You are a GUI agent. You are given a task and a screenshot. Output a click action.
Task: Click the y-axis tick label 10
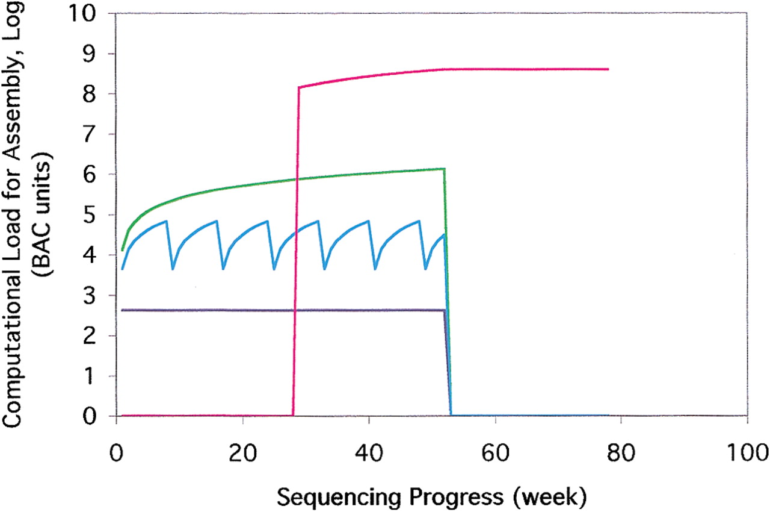click(82, 13)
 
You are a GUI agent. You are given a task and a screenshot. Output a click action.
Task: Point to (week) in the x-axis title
click(550, 497)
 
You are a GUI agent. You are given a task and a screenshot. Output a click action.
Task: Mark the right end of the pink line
click(608, 69)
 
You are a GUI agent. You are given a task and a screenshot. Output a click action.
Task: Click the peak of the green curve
click(445, 169)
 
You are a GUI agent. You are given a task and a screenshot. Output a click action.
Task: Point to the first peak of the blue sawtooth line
click(167, 221)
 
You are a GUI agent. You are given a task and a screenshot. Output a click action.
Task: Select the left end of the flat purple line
click(122, 310)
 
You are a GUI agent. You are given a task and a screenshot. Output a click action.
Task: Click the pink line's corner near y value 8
click(299, 88)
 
